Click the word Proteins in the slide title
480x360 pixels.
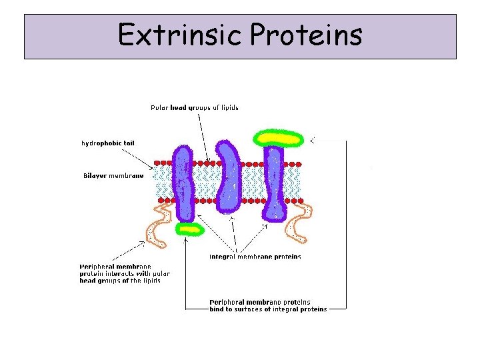pos(306,35)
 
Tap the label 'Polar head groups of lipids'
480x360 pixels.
pos(194,107)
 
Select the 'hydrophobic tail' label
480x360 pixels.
pos(108,143)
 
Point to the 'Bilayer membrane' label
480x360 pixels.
pos(113,176)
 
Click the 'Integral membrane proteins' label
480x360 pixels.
pos(255,257)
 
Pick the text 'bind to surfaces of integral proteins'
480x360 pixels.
pos(268,309)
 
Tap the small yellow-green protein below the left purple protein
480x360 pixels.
pos(189,229)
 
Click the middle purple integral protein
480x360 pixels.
pos(228,175)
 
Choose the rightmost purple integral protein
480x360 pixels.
pos(273,183)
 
